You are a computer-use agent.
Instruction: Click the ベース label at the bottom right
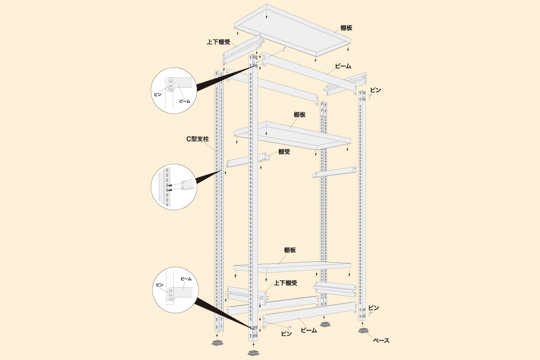381,341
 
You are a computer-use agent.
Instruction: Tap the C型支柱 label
198,139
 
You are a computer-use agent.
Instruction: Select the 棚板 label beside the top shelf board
346,28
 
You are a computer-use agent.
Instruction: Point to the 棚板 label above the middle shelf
299,115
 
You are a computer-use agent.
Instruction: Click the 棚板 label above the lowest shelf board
290,250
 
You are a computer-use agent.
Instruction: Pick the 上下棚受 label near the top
218,42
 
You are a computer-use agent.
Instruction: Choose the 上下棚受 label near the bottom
286,283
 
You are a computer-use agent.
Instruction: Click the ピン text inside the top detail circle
157,94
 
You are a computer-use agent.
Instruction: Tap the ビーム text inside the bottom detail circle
186,279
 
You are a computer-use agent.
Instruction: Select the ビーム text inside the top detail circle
184,101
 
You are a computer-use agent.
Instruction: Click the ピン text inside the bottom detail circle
159,285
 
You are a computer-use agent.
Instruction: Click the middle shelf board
292,135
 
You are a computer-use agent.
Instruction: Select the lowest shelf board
292,266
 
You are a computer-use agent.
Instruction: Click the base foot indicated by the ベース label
364,331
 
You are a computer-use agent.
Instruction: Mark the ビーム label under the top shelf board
342,66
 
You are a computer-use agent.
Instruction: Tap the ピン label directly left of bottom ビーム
286,333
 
